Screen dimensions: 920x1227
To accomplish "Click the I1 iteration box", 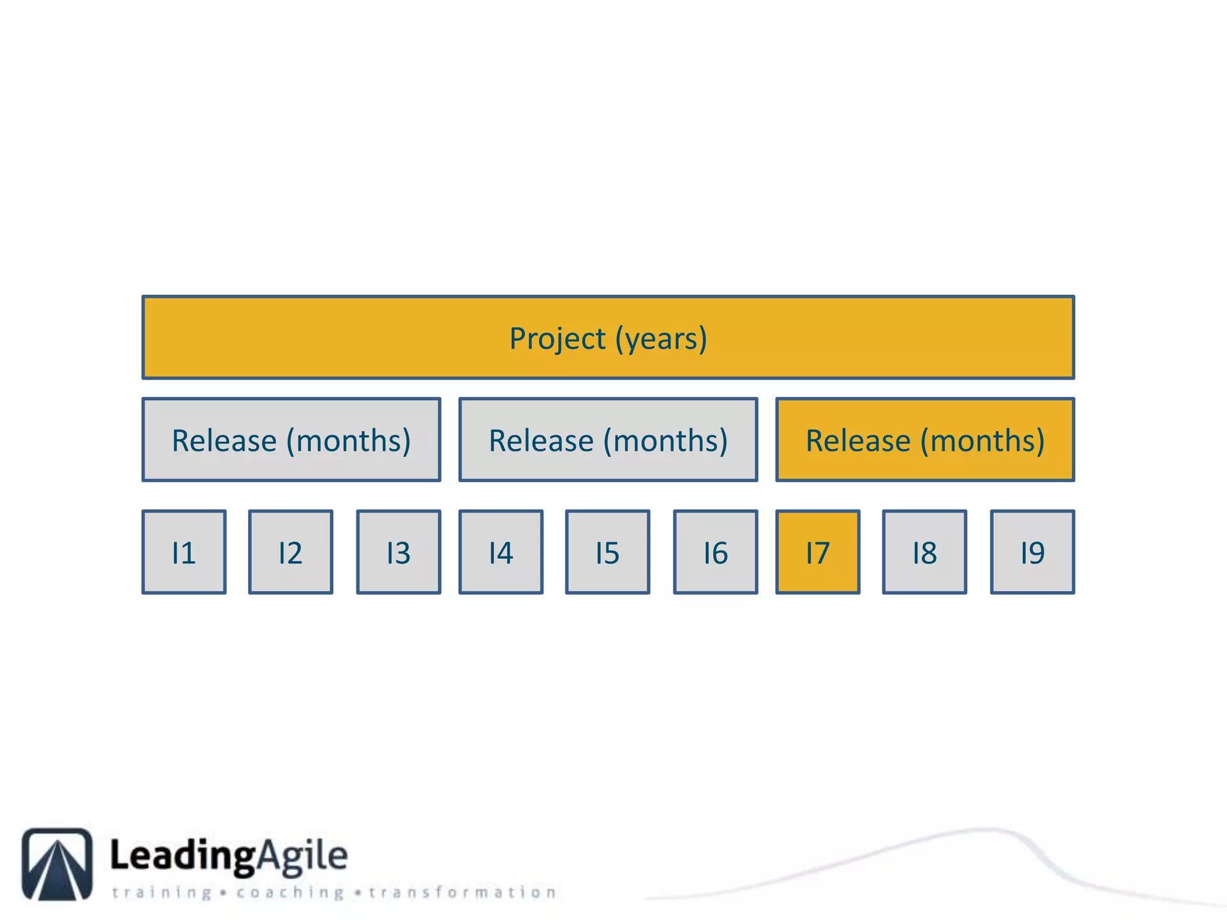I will [184, 552].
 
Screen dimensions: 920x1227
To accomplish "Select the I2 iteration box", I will [291, 552].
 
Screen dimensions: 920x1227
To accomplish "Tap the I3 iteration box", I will [398, 552].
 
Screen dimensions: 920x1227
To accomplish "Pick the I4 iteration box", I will [501, 552].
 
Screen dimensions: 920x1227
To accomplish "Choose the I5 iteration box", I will [608, 552].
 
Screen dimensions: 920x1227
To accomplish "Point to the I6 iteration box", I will [715, 552].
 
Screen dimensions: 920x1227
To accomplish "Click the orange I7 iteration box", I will [818, 552].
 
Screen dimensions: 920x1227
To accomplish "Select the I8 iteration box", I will [924, 552].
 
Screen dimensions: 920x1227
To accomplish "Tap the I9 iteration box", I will [1032, 552].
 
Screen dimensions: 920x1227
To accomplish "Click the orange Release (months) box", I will [925, 440].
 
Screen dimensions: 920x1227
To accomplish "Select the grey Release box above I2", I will [291, 440].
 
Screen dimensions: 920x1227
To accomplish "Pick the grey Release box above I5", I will [608, 440].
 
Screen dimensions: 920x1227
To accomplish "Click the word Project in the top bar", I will [557, 339].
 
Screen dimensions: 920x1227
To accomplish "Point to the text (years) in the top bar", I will [661, 339].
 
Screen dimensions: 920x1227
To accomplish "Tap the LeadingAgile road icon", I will [57, 864].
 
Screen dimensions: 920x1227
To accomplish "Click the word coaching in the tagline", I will [290, 892].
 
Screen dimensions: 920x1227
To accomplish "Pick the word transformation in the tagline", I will [463, 892].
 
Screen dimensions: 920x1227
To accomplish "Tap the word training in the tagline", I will [162, 892].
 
